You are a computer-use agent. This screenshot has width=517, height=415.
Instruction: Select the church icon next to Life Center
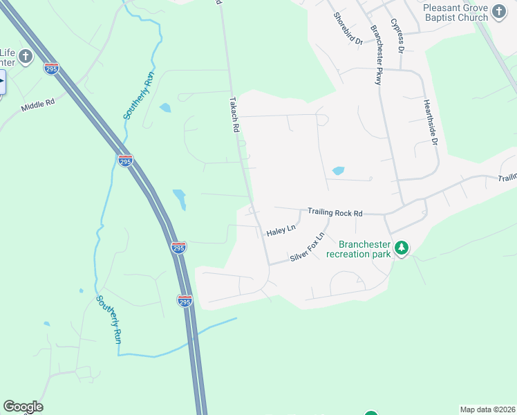coord(25,57)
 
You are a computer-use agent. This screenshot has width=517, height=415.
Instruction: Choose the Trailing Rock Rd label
coord(335,213)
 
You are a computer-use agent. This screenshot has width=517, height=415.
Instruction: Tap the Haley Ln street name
coord(281,230)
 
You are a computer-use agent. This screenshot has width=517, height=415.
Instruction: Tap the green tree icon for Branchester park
coord(401,247)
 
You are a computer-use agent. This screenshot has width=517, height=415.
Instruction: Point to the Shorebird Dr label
coord(348,28)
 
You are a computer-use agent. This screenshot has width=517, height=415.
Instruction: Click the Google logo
coord(23,407)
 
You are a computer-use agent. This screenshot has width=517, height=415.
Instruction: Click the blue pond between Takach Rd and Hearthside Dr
coord(338,171)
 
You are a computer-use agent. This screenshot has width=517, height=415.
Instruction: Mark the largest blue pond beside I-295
coord(180,199)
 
